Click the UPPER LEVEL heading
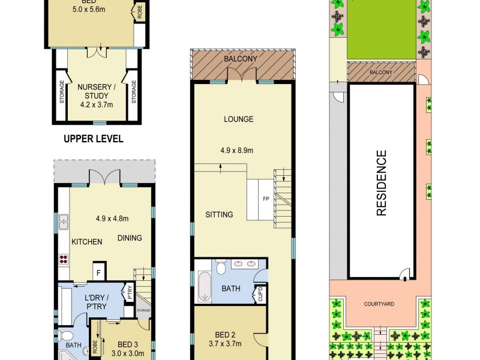click(94, 139)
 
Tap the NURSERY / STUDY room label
click(93, 91)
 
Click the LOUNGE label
click(239, 119)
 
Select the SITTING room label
click(219, 215)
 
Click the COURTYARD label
click(379, 304)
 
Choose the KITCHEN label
click(87, 242)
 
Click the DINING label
click(130, 238)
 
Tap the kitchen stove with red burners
click(64, 260)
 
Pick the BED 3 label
click(128, 344)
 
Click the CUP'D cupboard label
click(261, 295)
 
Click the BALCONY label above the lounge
click(241, 59)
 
